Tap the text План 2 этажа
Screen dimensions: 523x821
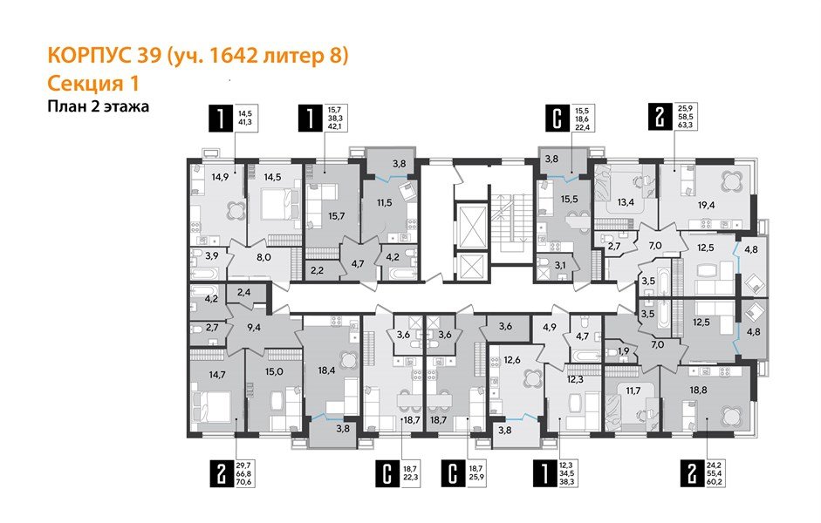(x=98, y=107)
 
